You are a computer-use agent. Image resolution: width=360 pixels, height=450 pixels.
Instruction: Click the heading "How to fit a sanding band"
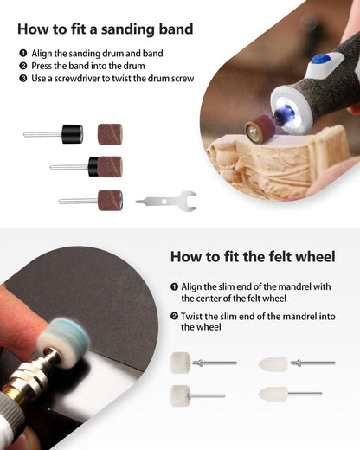(x=105, y=29)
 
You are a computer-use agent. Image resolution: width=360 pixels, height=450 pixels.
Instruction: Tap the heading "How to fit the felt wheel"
(x=253, y=256)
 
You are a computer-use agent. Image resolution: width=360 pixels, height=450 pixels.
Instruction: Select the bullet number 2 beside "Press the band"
(x=23, y=66)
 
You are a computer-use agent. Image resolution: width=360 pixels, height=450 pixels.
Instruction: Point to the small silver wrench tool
(x=167, y=202)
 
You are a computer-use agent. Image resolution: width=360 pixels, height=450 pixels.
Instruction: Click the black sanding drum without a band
(x=73, y=134)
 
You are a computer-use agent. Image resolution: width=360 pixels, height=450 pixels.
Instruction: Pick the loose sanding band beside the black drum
(x=110, y=134)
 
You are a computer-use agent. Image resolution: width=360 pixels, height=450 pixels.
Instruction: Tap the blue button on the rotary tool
(x=321, y=60)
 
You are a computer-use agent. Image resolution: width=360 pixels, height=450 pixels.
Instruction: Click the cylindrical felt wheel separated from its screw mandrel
(x=181, y=363)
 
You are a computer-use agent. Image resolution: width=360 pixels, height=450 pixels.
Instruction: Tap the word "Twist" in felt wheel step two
(x=190, y=317)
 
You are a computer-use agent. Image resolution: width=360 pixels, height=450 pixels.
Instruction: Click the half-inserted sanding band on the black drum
(x=111, y=167)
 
